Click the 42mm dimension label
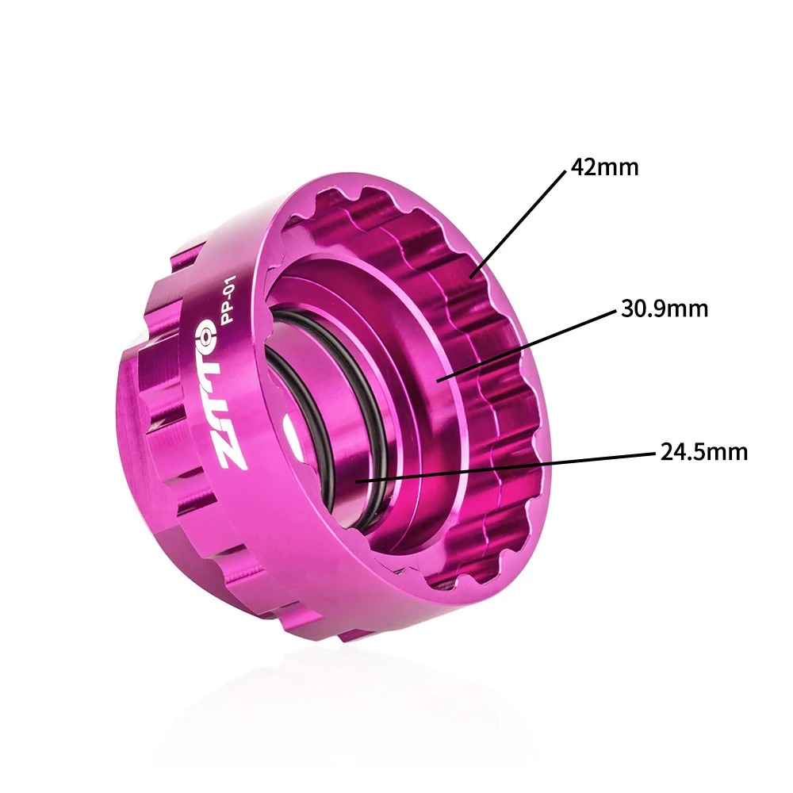coord(604,168)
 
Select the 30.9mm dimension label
coord(664,309)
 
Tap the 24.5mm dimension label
coord(703,453)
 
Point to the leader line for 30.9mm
coord(527,343)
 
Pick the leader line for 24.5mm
coord(508,466)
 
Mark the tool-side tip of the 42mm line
coord(473,276)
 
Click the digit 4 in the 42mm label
coord(577,168)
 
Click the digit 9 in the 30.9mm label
coord(665,309)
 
